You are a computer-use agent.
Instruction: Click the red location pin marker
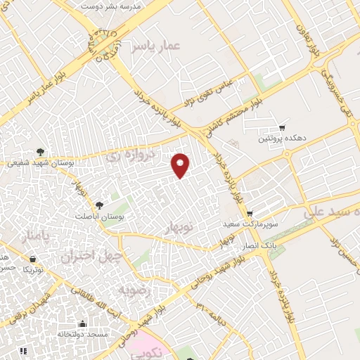point(181,165)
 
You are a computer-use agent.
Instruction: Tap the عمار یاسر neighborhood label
point(157,46)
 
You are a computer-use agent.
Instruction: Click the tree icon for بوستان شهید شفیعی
point(41,151)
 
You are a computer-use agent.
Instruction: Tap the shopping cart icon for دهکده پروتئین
point(281,128)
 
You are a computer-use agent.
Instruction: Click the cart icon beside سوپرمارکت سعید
point(250,213)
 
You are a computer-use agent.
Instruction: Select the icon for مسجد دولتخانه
point(82,324)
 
